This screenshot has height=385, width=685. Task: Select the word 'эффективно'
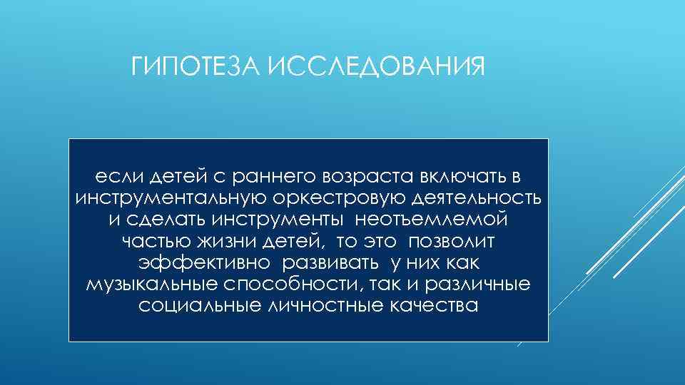pos(204,263)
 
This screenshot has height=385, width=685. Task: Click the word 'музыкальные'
pos(147,285)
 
